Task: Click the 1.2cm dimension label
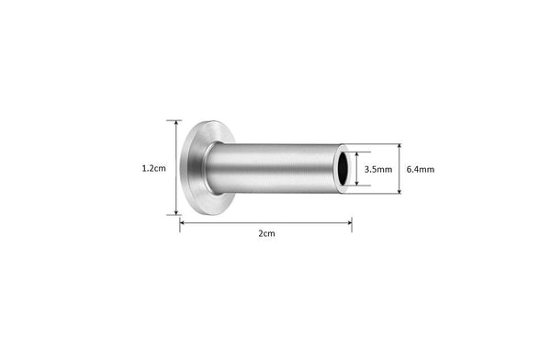(153, 168)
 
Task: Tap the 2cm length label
(266, 233)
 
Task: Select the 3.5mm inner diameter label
(378, 169)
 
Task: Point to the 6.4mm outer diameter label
(421, 169)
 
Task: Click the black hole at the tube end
(343, 168)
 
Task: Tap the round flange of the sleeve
(196, 168)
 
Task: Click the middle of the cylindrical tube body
(274, 168)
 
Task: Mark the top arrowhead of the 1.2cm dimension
(175, 122)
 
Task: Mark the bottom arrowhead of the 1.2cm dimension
(175, 212)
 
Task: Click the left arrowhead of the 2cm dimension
(183, 222)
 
